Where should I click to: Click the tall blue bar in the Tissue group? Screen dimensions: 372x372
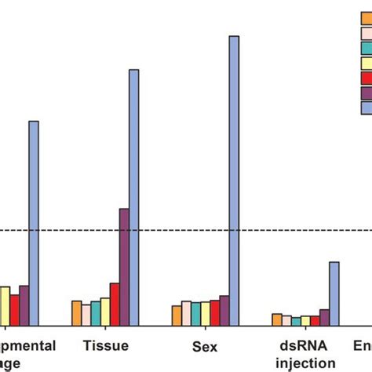133,196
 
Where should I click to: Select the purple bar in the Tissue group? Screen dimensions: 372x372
124,267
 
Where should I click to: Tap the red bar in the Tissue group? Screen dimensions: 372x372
115,304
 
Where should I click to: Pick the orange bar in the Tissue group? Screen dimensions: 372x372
76,312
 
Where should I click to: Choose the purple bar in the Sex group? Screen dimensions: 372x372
224,310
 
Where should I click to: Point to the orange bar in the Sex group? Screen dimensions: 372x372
177,315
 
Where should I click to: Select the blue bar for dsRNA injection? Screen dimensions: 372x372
334,293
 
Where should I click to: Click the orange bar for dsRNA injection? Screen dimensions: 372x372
277,319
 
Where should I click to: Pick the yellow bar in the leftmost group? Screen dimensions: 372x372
5,305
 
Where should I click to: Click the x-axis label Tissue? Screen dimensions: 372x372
105,345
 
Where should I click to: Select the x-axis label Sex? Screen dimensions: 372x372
206,345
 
